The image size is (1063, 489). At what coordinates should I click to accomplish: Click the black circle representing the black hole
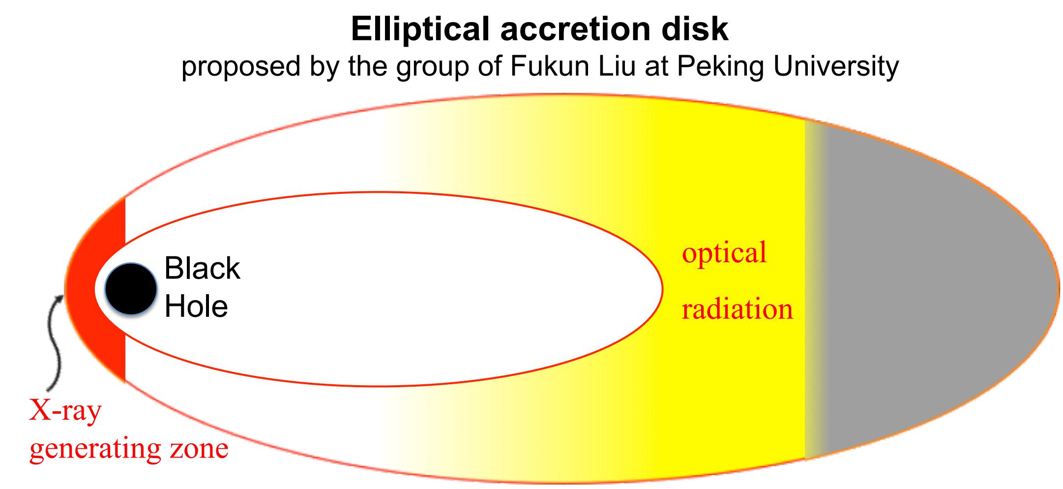pos(131,288)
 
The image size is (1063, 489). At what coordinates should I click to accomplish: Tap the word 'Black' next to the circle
pos(202,269)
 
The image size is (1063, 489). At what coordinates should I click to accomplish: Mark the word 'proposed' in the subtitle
pos(241,66)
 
